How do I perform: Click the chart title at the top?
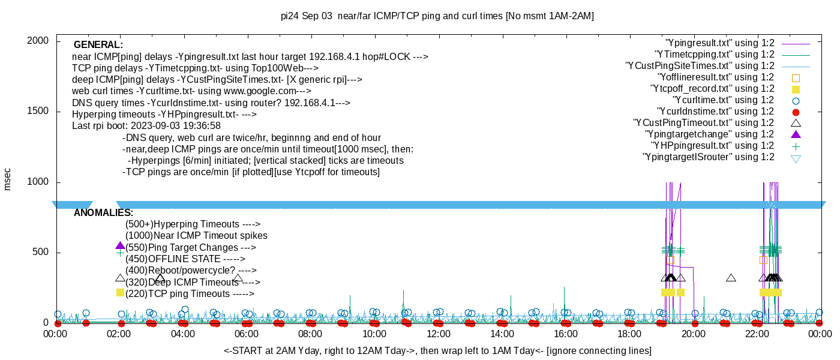(437, 16)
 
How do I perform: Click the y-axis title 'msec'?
(8, 179)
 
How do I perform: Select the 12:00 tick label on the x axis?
(438, 334)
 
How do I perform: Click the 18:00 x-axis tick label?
(629, 334)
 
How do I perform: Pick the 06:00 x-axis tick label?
(247, 334)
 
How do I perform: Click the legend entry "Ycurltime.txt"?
(723, 100)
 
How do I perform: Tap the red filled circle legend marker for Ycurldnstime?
(796, 112)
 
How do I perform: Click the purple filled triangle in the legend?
(796, 134)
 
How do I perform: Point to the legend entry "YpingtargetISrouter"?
(708, 157)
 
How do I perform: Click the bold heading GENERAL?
(98, 45)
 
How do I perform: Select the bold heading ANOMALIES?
(103, 213)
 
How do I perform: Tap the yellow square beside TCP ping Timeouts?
(120, 292)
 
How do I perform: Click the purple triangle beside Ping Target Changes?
(120, 246)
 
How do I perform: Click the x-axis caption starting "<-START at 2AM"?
(437, 350)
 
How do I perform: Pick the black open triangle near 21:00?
(731, 278)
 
